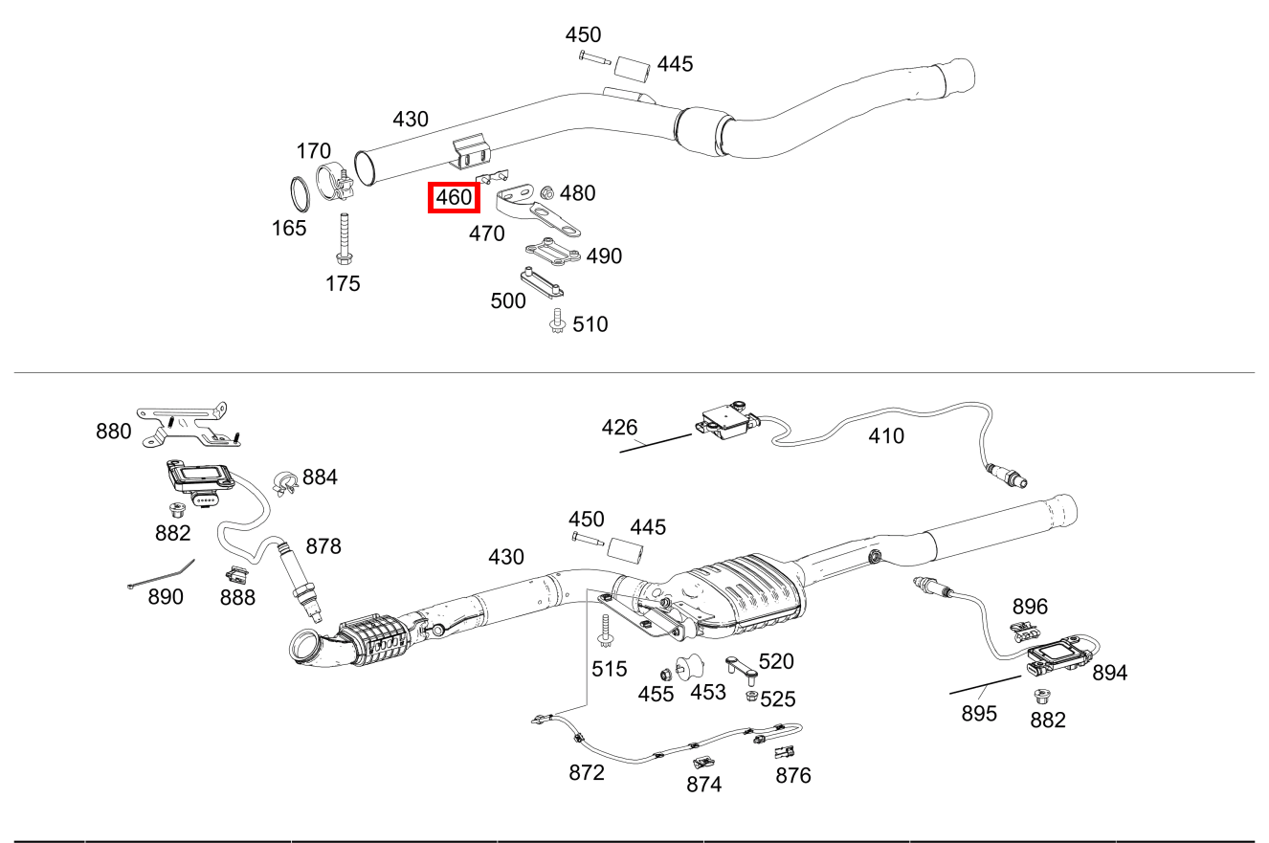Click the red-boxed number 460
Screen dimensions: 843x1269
454,198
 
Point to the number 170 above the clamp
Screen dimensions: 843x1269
313,151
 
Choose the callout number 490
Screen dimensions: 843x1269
604,256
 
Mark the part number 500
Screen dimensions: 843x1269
507,301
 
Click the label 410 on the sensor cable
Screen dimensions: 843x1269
885,436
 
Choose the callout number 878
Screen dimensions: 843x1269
323,546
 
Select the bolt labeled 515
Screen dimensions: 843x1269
605,632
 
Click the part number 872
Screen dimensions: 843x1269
587,772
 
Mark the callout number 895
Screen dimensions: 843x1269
979,714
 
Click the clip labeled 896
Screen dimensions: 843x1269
1026,631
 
